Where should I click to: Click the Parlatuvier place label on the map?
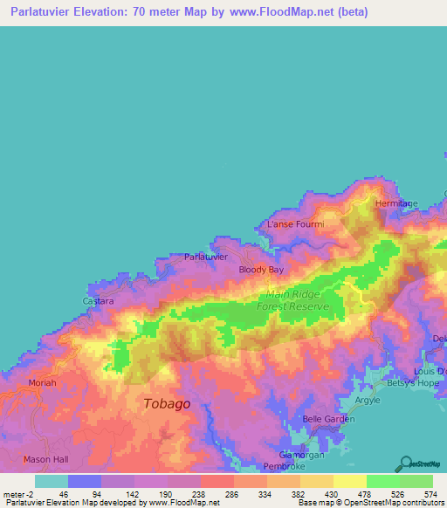coord(206,257)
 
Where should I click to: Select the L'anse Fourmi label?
coord(295,224)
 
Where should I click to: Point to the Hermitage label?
coord(397,203)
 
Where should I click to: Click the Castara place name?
coord(98,301)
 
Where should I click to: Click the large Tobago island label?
coord(166,403)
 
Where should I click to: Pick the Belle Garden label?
coord(326,419)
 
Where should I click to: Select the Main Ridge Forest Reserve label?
coord(292,301)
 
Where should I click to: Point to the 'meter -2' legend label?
coord(17,493)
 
